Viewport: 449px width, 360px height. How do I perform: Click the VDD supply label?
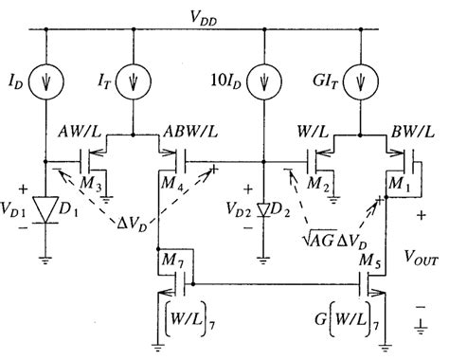224,13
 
